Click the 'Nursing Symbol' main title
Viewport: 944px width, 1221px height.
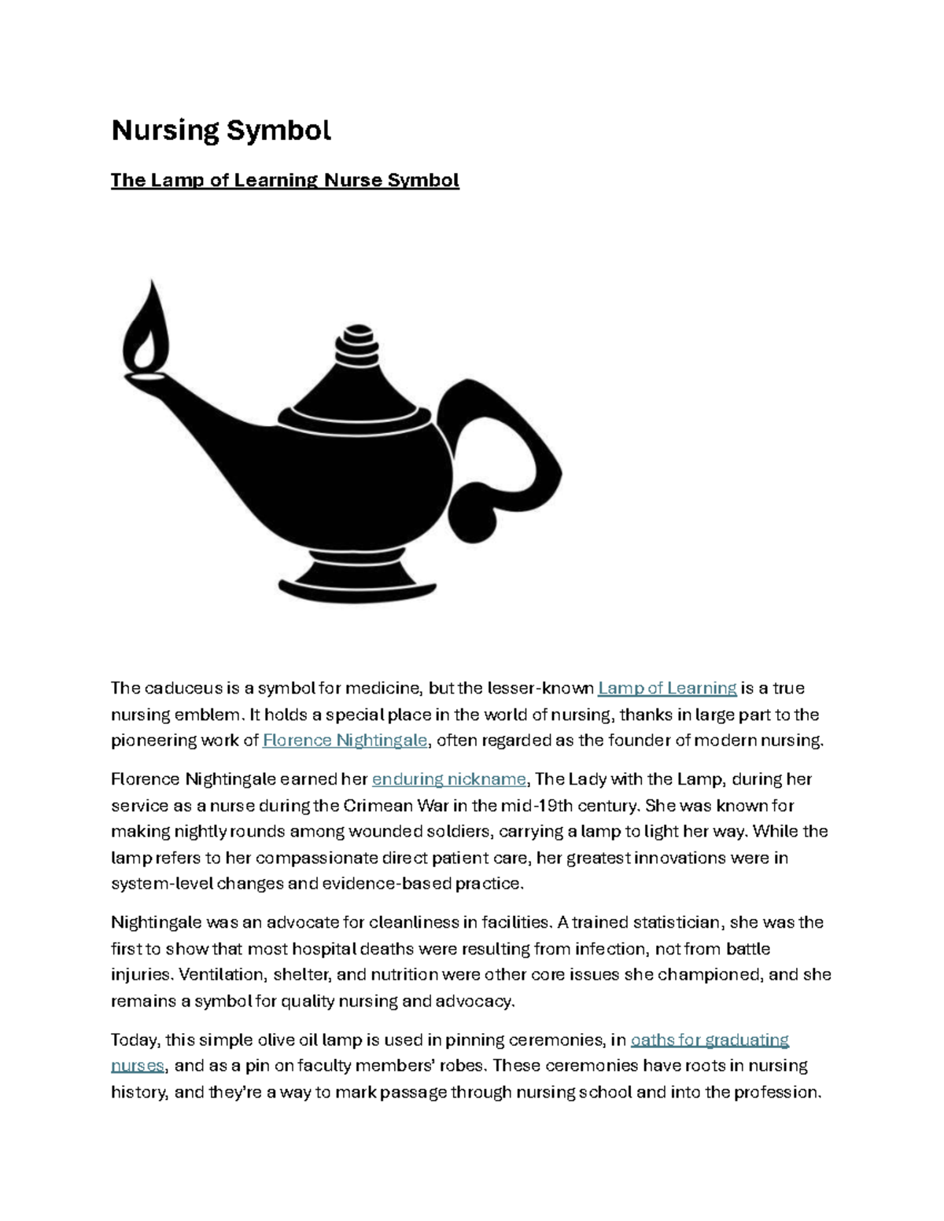click(x=221, y=130)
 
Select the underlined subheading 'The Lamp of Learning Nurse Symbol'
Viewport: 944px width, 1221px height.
click(x=285, y=180)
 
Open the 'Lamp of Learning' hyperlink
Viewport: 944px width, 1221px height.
click(x=667, y=688)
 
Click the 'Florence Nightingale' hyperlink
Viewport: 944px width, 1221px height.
click(x=345, y=740)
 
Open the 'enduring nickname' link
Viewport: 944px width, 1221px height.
click(x=448, y=779)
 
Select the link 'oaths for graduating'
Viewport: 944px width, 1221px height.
click(x=710, y=1039)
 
